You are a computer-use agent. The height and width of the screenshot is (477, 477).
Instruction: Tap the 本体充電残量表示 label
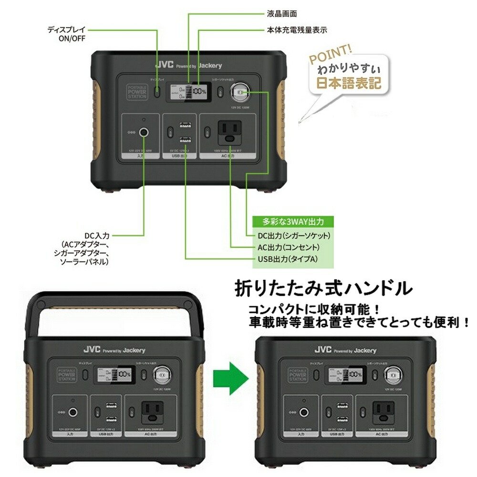pos(297,30)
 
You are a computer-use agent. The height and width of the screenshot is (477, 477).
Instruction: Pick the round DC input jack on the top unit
pos(144,132)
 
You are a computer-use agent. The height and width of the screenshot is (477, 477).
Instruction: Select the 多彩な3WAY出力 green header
pos(293,222)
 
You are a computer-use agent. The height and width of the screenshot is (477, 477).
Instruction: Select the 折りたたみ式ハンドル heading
pos(322,288)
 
